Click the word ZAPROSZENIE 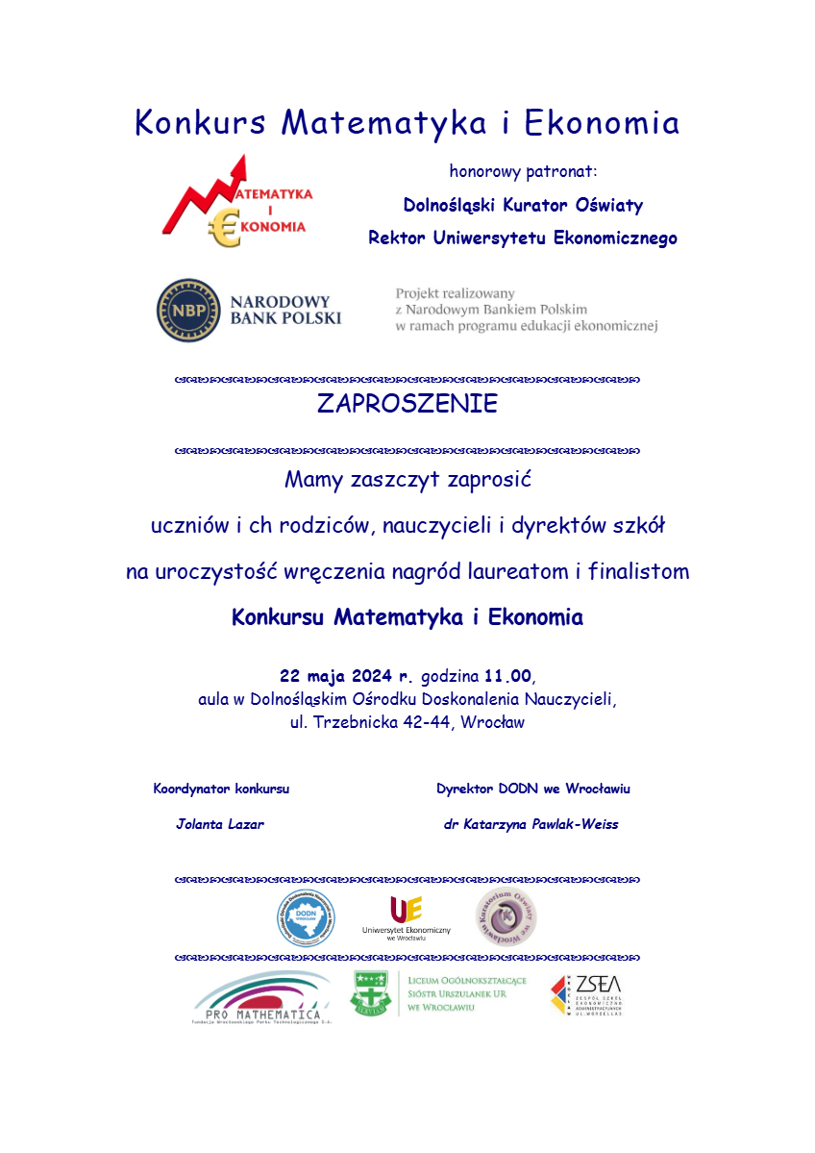407,404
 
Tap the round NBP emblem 188,310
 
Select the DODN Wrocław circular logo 307,917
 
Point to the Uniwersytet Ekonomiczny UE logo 406,916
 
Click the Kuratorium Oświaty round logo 506,916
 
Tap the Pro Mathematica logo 257,997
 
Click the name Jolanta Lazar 220,824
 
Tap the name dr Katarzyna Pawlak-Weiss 531,824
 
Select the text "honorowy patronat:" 523,172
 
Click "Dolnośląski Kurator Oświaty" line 523,205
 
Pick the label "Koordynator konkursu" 221,789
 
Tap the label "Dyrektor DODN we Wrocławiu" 532,789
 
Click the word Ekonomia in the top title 603,123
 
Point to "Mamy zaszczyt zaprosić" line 407,479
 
